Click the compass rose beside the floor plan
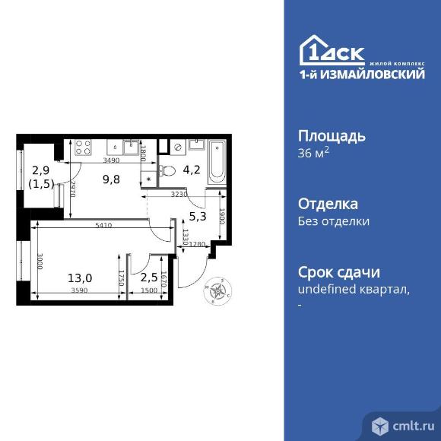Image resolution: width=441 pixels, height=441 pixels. point(218,290)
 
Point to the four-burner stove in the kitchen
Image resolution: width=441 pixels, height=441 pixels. point(82,147)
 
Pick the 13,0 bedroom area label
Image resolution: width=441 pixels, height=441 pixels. point(80,278)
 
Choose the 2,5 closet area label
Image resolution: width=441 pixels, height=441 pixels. point(149,278)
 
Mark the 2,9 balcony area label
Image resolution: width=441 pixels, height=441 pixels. point(40,170)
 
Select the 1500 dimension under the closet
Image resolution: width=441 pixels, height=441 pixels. point(149,290)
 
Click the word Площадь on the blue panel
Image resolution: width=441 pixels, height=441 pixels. point(332,137)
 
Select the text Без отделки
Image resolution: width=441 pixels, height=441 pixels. point(334,222)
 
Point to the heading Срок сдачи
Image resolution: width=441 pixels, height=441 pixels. point(339,273)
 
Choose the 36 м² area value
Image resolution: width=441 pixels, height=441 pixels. point(314,153)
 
